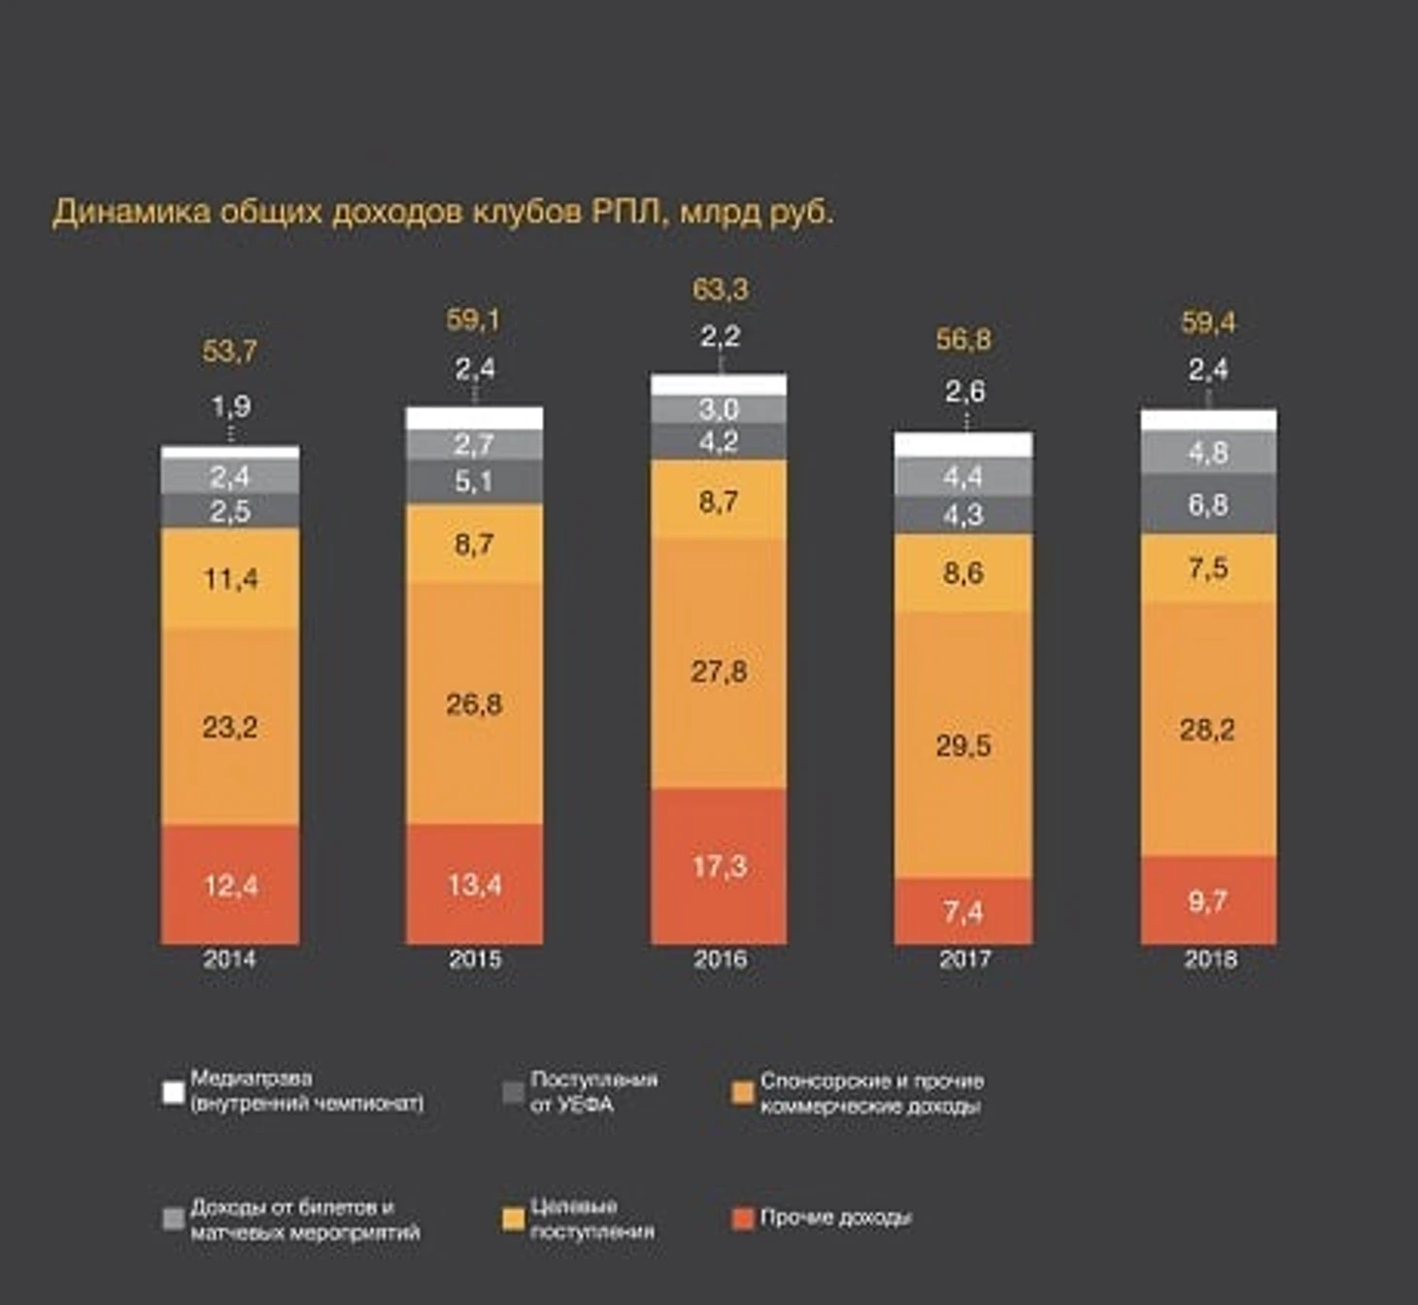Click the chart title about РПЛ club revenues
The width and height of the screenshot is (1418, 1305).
(443, 212)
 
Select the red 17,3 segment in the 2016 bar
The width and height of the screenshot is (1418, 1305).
(719, 866)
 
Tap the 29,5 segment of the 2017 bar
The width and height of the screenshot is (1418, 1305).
(962, 745)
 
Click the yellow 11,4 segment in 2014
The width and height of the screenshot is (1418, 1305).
(230, 579)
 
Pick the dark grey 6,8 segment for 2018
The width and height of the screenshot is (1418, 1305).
(1208, 504)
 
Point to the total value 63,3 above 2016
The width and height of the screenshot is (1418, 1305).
(720, 290)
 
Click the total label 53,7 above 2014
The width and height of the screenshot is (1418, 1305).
(230, 351)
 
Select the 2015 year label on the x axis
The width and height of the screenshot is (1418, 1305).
(475, 960)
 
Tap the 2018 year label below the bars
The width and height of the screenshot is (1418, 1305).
(1210, 960)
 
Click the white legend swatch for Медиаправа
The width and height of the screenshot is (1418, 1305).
(173, 1092)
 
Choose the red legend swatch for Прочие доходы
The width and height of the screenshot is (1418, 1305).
(742, 1219)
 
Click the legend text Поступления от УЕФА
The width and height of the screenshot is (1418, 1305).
(593, 1092)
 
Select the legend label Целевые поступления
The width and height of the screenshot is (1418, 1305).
(591, 1219)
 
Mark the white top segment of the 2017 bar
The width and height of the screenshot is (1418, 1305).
(962, 445)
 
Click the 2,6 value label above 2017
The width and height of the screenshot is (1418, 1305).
(964, 392)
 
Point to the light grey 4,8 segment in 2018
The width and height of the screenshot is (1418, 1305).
(1208, 453)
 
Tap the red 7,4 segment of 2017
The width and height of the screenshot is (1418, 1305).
(962, 911)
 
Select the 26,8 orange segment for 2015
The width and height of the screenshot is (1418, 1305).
(474, 704)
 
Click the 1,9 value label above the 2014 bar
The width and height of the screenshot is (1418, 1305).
(230, 406)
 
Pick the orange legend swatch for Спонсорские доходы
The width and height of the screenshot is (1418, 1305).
(742, 1092)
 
